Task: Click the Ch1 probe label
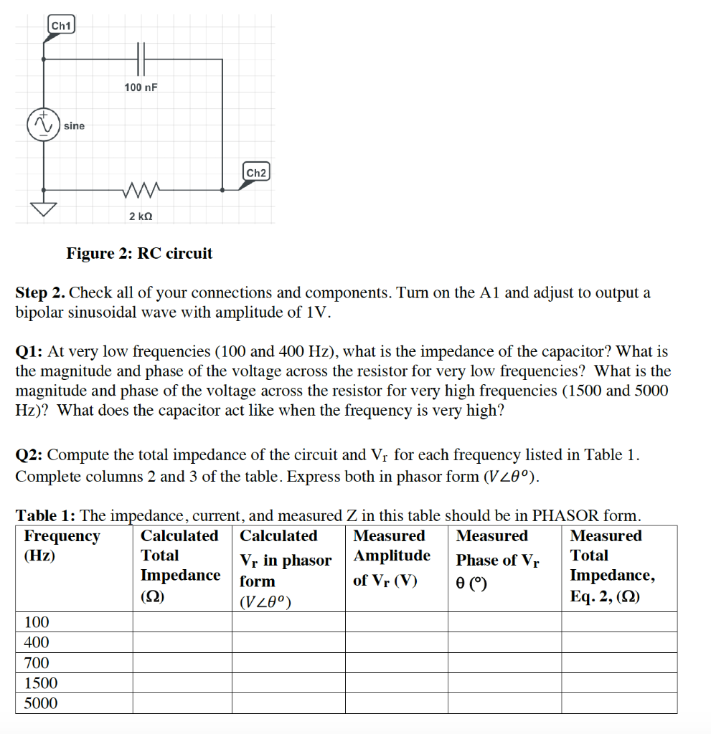point(61,26)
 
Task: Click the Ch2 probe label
point(256,173)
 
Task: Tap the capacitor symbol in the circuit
point(141,58)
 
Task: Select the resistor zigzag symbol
point(141,190)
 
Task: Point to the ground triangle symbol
point(43,208)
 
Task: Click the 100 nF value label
point(141,87)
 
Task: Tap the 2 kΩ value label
point(141,216)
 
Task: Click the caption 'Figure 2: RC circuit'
point(139,253)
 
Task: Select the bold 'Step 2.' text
point(41,292)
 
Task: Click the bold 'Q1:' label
point(29,352)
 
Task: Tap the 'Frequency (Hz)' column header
point(62,545)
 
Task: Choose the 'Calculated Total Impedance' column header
point(180,566)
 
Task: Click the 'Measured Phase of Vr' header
point(498,560)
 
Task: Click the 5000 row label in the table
point(41,703)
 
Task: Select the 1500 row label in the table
point(41,682)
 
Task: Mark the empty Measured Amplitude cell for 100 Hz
point(396,621)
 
